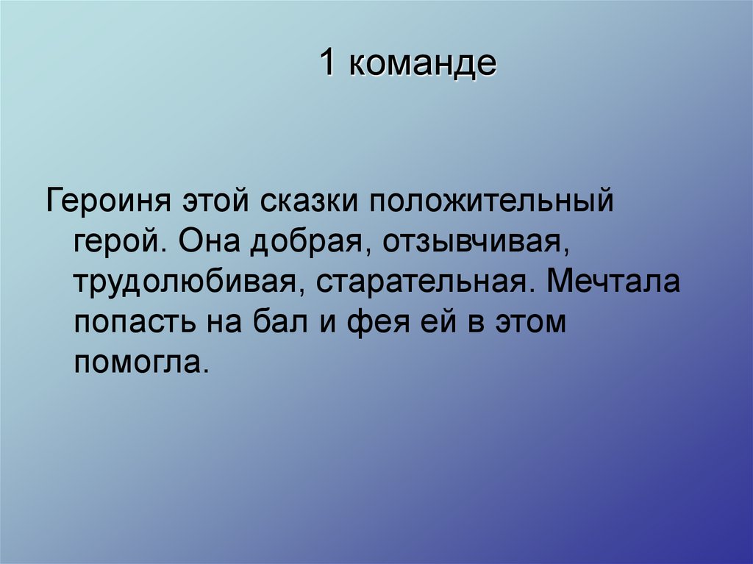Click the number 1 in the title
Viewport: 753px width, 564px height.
point(328,65)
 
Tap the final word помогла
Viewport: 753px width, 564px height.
point(137,363)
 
